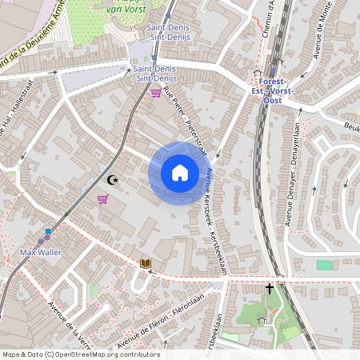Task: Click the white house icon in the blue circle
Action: click(179, 173)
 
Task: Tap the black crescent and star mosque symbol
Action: click(112, 181)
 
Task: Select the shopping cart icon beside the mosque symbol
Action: click(102, 199)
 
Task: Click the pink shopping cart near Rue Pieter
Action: click(155, 93)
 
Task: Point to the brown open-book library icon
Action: click(146, 262)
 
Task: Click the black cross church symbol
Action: click(270, 287)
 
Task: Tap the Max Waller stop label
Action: click(41, 252)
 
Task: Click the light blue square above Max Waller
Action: click(48, 231)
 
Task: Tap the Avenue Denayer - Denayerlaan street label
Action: click(301, 153)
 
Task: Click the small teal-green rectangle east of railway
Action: click(324, 265)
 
